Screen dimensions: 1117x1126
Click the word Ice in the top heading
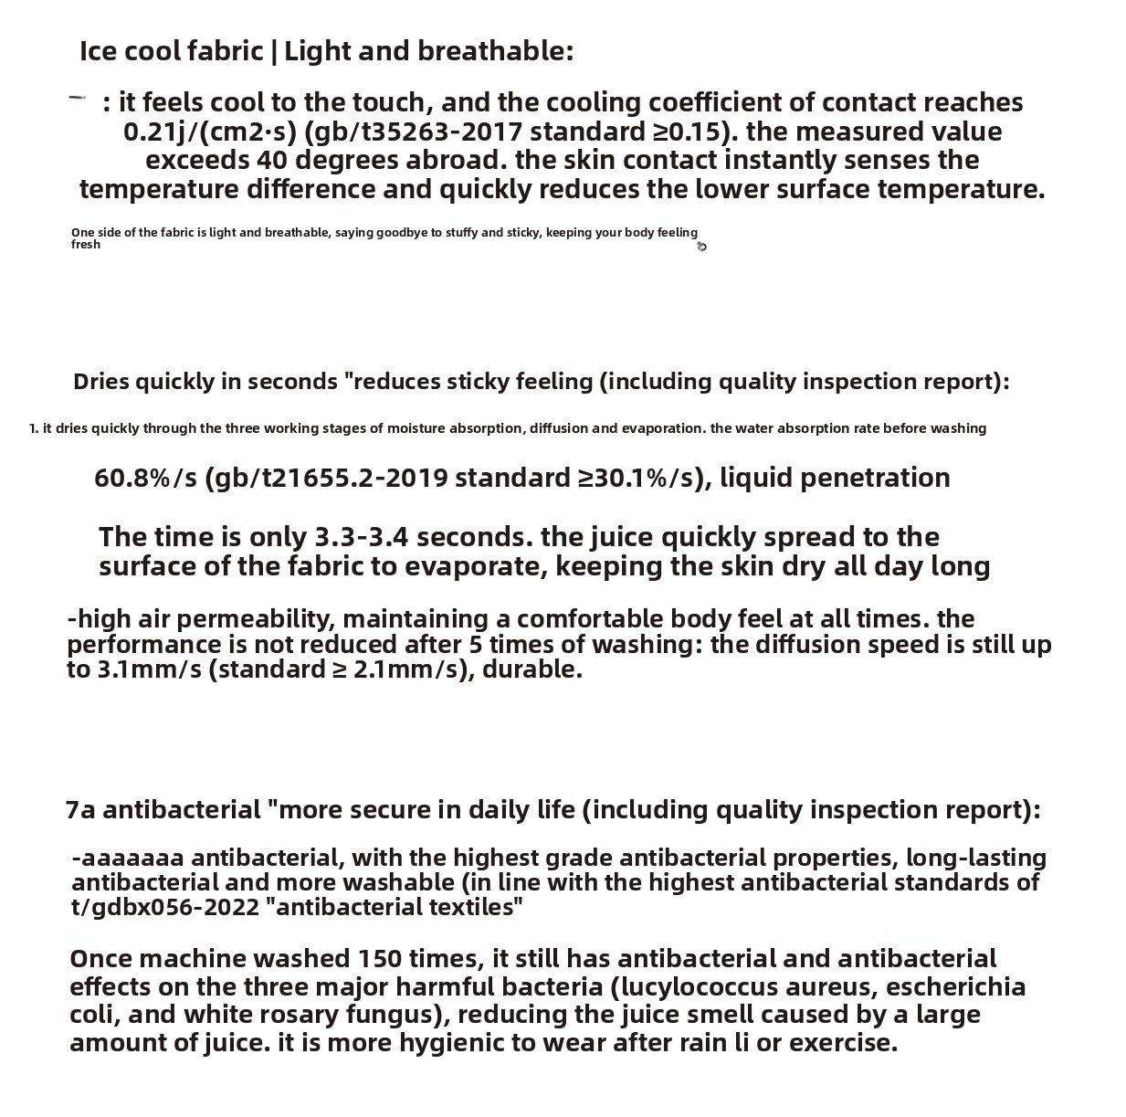coord(98,51)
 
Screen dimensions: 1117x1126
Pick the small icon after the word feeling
coord(701,247)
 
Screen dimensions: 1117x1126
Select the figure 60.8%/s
coord(145,478)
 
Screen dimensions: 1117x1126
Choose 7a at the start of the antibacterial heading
coord(80,810)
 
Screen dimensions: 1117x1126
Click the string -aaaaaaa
coord(128,859)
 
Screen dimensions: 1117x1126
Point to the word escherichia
coord(955,987)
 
